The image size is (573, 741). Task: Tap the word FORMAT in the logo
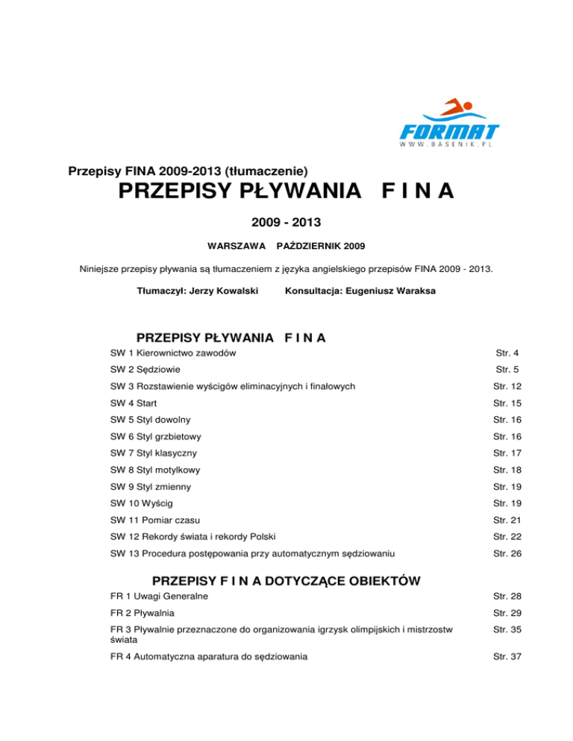449,131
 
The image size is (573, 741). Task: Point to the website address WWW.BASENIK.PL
448,145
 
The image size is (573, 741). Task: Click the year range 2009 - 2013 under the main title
286,221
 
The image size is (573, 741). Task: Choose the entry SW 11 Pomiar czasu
155,520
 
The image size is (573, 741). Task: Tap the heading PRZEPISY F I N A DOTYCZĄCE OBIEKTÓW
286,581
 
